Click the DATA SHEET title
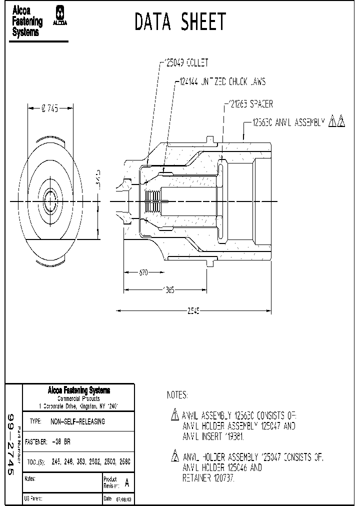tap(180, 22)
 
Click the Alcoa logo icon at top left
tap(61, 19)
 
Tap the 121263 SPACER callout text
tap(250, 104)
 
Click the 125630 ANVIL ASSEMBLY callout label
tap(288, 121)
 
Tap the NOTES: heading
tap(177, 395)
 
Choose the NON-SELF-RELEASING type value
tap(78, 421)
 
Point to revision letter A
tap(126, 483)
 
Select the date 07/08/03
tap(124, 499)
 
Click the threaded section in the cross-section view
tap(153, 202)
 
